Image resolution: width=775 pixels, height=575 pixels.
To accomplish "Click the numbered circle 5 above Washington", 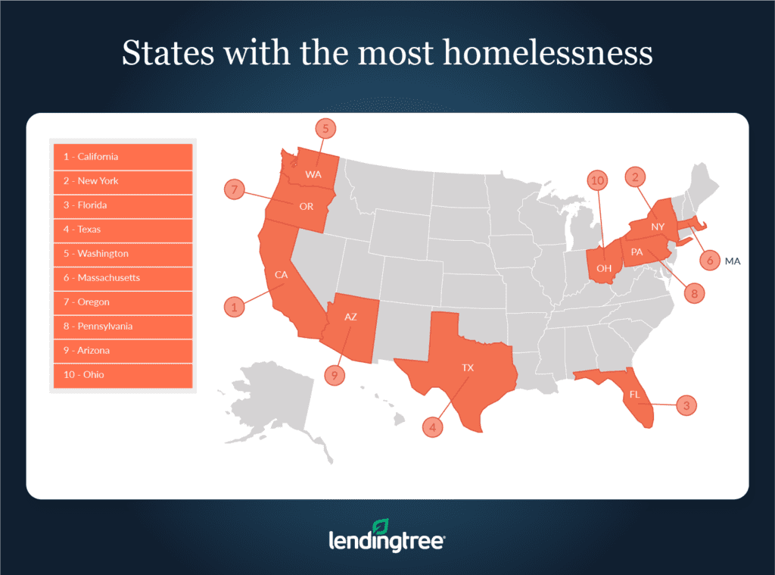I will coord(325,129).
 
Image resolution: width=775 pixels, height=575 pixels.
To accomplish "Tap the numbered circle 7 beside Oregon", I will coord(235,190).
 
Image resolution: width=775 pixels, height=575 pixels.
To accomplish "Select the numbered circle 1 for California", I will coord(235,307).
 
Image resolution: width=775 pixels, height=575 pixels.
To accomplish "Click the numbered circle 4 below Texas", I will coord(433,428).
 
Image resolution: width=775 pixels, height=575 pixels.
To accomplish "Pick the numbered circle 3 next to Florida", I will coord(686,405).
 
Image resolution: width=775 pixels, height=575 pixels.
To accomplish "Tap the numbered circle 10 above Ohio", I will coord(599,180).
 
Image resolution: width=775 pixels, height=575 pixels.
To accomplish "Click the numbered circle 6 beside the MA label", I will coord(709,261).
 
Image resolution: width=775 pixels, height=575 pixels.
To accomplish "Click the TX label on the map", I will coord(468,367).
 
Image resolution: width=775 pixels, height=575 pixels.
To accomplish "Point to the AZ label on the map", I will coord(350,317).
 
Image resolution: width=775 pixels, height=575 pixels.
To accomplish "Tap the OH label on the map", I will coord(603,267).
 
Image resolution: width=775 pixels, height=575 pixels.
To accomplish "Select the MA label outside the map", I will coord(733,261).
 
